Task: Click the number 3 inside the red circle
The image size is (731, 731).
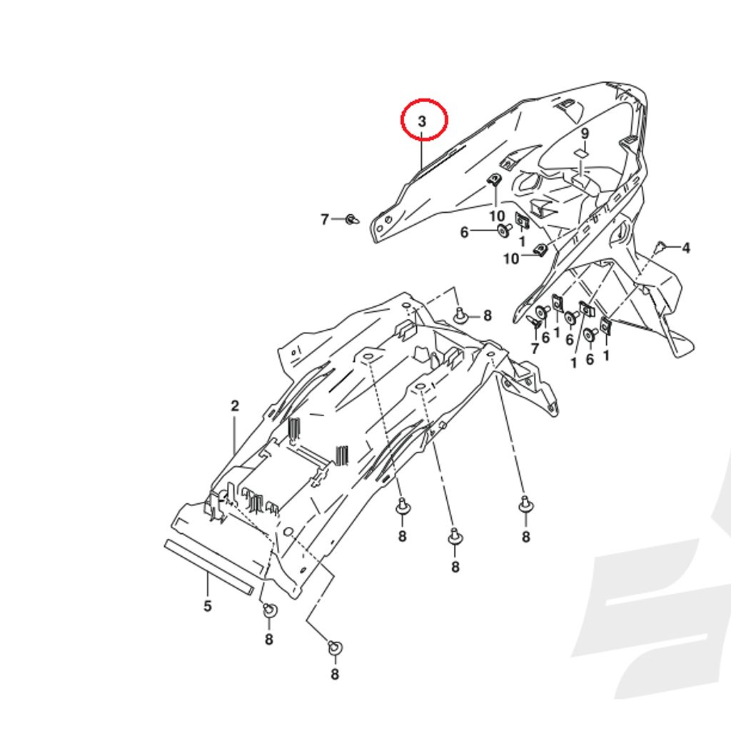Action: pos(422,121)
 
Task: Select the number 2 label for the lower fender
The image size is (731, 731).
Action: pos(235,406)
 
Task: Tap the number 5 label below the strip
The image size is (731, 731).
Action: pos(208,606)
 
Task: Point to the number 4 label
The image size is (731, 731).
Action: pos(686,248)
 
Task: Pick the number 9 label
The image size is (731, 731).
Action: pos(585,133)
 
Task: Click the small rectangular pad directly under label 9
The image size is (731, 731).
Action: pos(580,153)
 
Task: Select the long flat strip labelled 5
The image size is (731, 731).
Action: pos(209,568)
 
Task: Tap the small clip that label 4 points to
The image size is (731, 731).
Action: pos(660,246)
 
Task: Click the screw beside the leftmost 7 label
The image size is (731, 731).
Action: pos(353,218)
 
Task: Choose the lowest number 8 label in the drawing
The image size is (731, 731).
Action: pos(335,674)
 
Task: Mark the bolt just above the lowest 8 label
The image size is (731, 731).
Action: pos(335,647)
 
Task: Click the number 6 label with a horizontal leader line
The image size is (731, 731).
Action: pos(464,232)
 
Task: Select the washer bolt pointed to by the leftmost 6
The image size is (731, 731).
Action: pos(505,229)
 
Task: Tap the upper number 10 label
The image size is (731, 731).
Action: pos(497,216)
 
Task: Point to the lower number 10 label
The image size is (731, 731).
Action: pos(511,258)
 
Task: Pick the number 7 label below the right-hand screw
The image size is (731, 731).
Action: pos(535,348)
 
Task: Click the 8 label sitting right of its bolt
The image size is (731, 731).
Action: pos(487,316)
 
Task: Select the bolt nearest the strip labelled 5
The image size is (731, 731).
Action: pos(269,610)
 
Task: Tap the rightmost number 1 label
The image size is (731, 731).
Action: pos(606,356)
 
